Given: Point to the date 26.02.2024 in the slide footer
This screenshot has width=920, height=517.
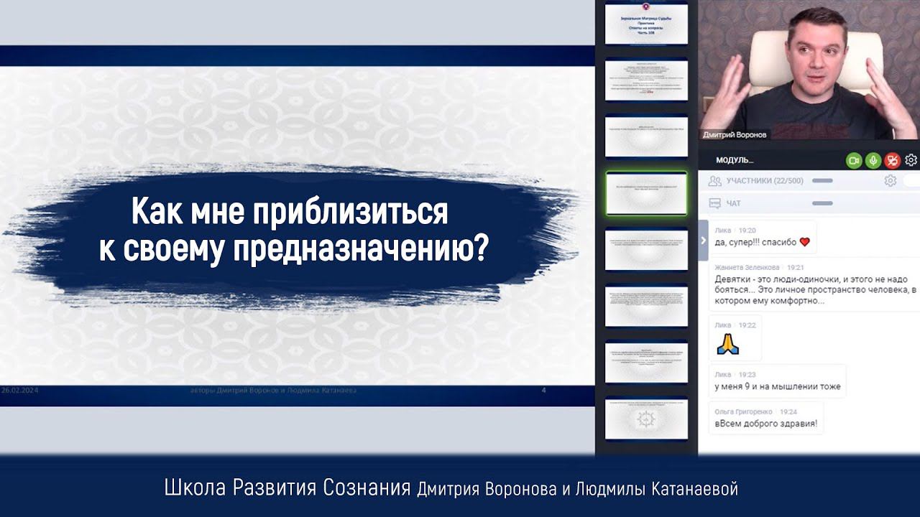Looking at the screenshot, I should tap(22, 391).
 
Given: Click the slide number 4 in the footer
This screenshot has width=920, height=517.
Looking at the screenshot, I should tap(543, 391).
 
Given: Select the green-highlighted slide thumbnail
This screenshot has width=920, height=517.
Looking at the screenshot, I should tap(646, 192).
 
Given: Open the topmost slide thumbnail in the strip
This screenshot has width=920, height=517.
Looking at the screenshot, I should tap(646, 24).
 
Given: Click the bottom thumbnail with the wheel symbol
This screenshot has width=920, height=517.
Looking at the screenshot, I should tap(646, 418).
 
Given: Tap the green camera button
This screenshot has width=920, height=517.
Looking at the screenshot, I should tap(854, 161).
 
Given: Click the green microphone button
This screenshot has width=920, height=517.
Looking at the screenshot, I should tap(873, 161).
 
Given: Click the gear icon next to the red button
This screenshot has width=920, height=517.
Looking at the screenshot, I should tap(911, 161).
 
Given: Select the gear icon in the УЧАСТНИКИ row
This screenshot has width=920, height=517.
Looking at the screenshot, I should tap(890, 181).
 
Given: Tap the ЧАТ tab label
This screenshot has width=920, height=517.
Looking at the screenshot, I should tap(733, 204).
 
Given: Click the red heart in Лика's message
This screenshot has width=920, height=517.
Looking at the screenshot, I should tap(804, 242).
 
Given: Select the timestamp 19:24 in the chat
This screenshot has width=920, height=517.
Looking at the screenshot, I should tap(788, 412).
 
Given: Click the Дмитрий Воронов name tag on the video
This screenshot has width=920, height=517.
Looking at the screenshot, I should tap(735, 134).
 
